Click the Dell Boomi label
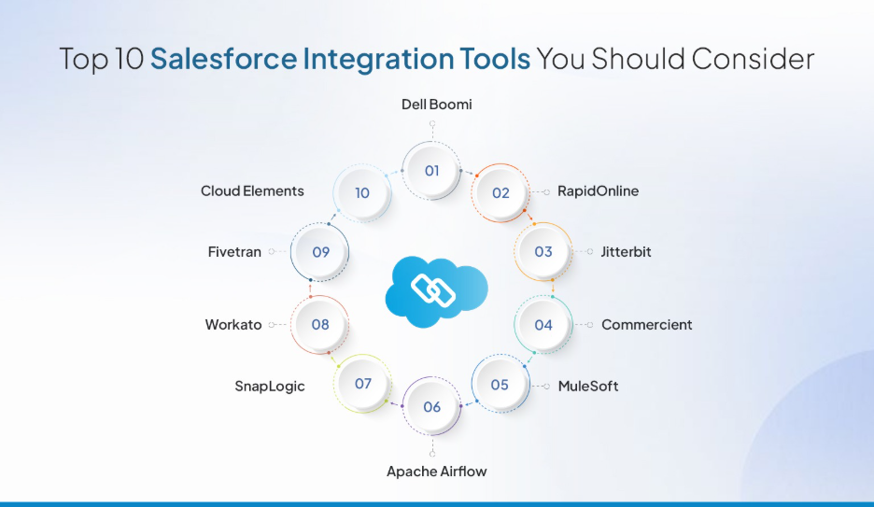point(436,105)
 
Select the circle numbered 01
point(431,171)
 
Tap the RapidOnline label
point(598,191)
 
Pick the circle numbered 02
point(501,193)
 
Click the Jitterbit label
point(626,252)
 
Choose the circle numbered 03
point(543,252)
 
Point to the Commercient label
point(646,325)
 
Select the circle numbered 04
point(543,325)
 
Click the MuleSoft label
point(587,386)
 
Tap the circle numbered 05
point(500,385)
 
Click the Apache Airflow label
point(436,472)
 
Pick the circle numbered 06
point(431,407)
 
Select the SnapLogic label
point(269,387)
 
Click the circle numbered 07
point(363,384)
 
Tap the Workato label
point(233,325)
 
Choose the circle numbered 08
point(320,325)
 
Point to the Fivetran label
point(234,252)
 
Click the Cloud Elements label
point(252,191)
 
